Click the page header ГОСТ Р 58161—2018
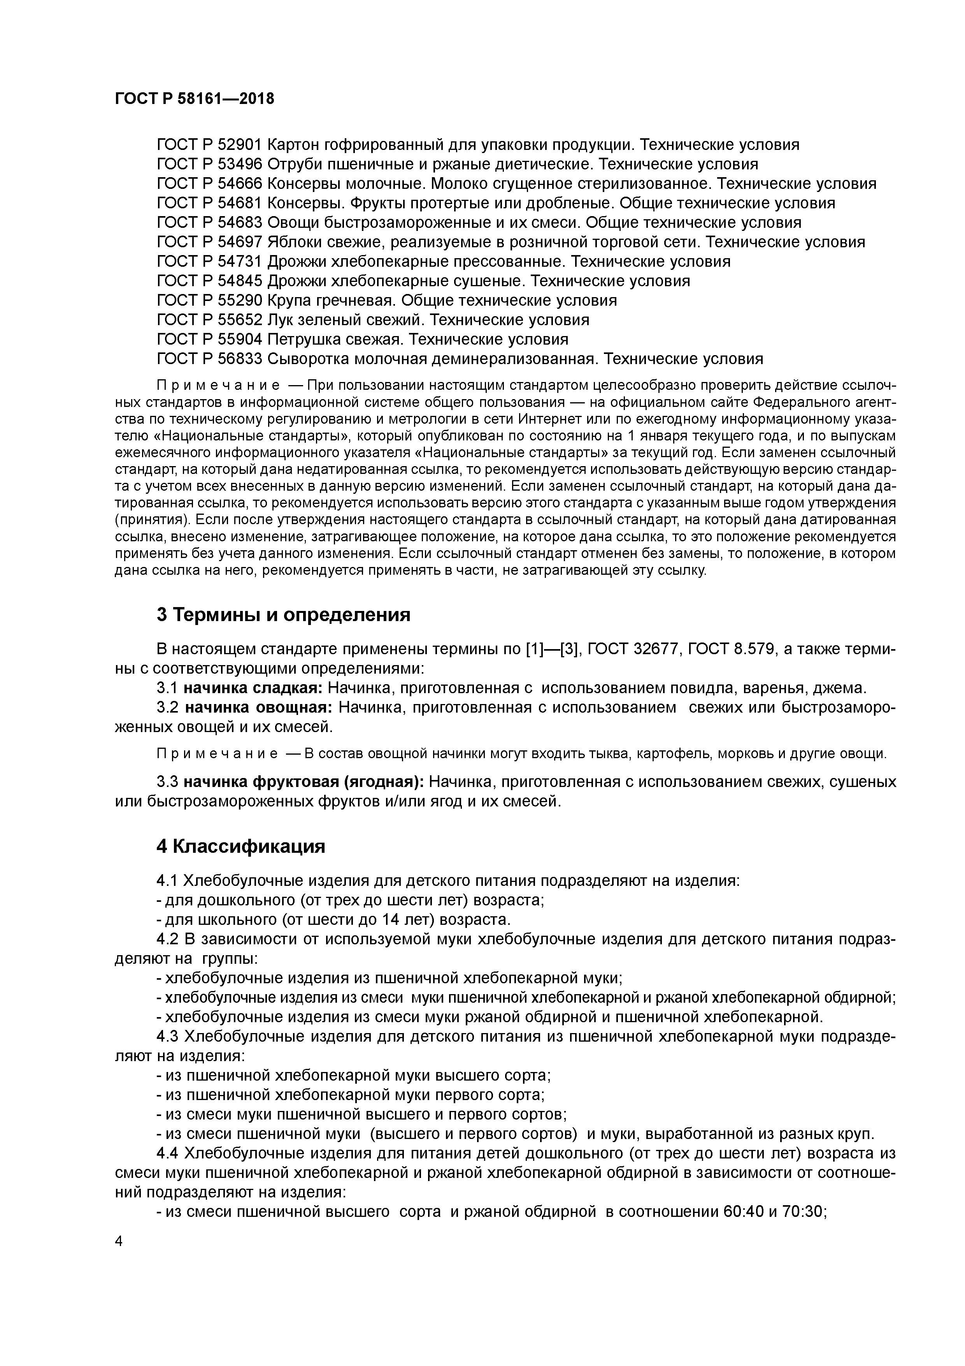pos(195,99)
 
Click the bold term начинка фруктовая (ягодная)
pos(303,782)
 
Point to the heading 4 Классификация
pos(241,847)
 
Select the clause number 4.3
pos(168,1037)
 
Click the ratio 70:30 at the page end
pos(805,1212)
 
